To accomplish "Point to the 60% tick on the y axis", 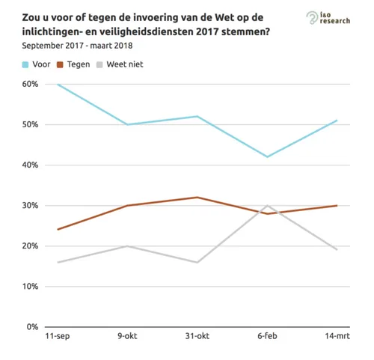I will point(29,84).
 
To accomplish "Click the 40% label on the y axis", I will point(29,165).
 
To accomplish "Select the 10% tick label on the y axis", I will point(29,287).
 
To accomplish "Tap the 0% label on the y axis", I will point(31,327).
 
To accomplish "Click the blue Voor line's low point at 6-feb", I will point(267,156).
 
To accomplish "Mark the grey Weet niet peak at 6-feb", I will point(267,205).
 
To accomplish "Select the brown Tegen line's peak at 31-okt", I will point(197,198).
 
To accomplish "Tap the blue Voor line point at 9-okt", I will point(127,124).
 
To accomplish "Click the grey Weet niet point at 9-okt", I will point(127,246).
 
